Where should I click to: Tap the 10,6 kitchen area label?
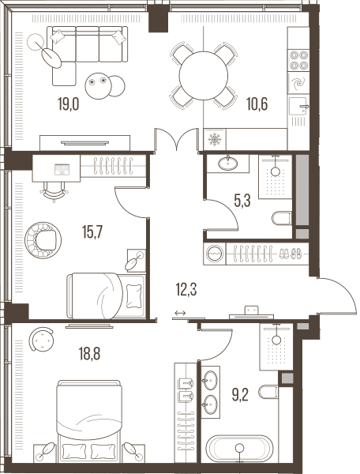coord(257,104)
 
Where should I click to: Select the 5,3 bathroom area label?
coord(242,201)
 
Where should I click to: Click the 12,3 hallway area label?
coord(186,290)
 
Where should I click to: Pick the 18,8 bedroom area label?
coord(89,354)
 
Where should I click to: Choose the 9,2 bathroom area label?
coord(240,394)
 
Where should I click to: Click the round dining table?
coord(203,76)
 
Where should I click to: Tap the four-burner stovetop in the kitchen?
coord(298,60)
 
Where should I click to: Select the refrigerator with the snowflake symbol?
coord(215,139)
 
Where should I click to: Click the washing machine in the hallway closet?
coord(215,254)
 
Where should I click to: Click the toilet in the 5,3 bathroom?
coord(282,218)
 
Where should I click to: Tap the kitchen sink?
coord(298,106)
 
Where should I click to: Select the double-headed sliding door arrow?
coord(180,313)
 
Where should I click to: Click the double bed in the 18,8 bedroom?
coord(89,420)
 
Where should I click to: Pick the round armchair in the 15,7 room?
coord(43,240)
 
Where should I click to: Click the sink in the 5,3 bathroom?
coord(227,164)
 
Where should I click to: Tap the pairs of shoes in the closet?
coord(290,254)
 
